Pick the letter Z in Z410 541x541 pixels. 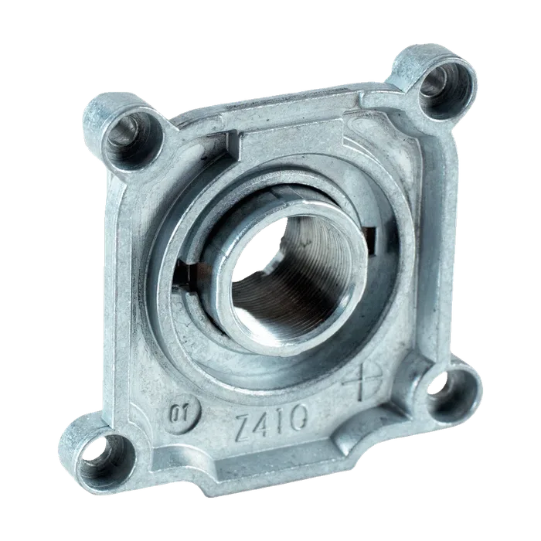pos(245,428)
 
